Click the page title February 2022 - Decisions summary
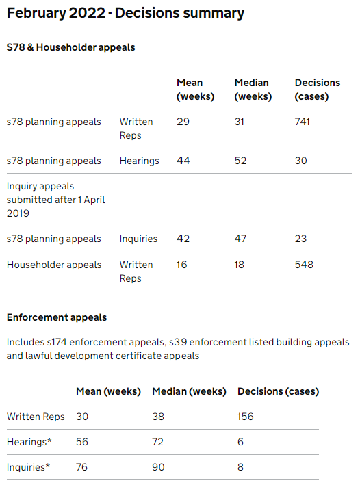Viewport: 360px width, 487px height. (125, 14)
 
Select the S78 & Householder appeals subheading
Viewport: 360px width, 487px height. (70, 47)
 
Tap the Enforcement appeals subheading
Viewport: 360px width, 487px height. (56, 317)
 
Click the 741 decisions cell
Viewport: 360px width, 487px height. (302, 122)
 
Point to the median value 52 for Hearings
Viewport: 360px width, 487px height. (242, 161)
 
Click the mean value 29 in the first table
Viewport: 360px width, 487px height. (183, 122)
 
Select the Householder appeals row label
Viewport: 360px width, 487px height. (53, 265)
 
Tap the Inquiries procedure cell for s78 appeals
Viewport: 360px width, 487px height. (138, 239)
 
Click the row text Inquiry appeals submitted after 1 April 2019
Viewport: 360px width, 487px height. (55, 199)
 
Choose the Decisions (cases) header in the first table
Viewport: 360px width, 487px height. (317, 90)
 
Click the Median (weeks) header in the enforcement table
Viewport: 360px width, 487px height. (189, 391)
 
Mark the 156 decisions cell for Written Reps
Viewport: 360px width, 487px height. (245, 417)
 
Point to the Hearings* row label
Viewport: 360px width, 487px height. (29, 443)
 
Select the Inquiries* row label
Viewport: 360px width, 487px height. (29, 468)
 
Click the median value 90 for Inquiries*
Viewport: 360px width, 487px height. (159, 468)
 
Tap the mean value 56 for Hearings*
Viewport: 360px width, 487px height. (82, 443)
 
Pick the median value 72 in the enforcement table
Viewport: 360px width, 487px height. (159, 443)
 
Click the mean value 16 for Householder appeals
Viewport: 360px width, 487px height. (182, 265)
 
